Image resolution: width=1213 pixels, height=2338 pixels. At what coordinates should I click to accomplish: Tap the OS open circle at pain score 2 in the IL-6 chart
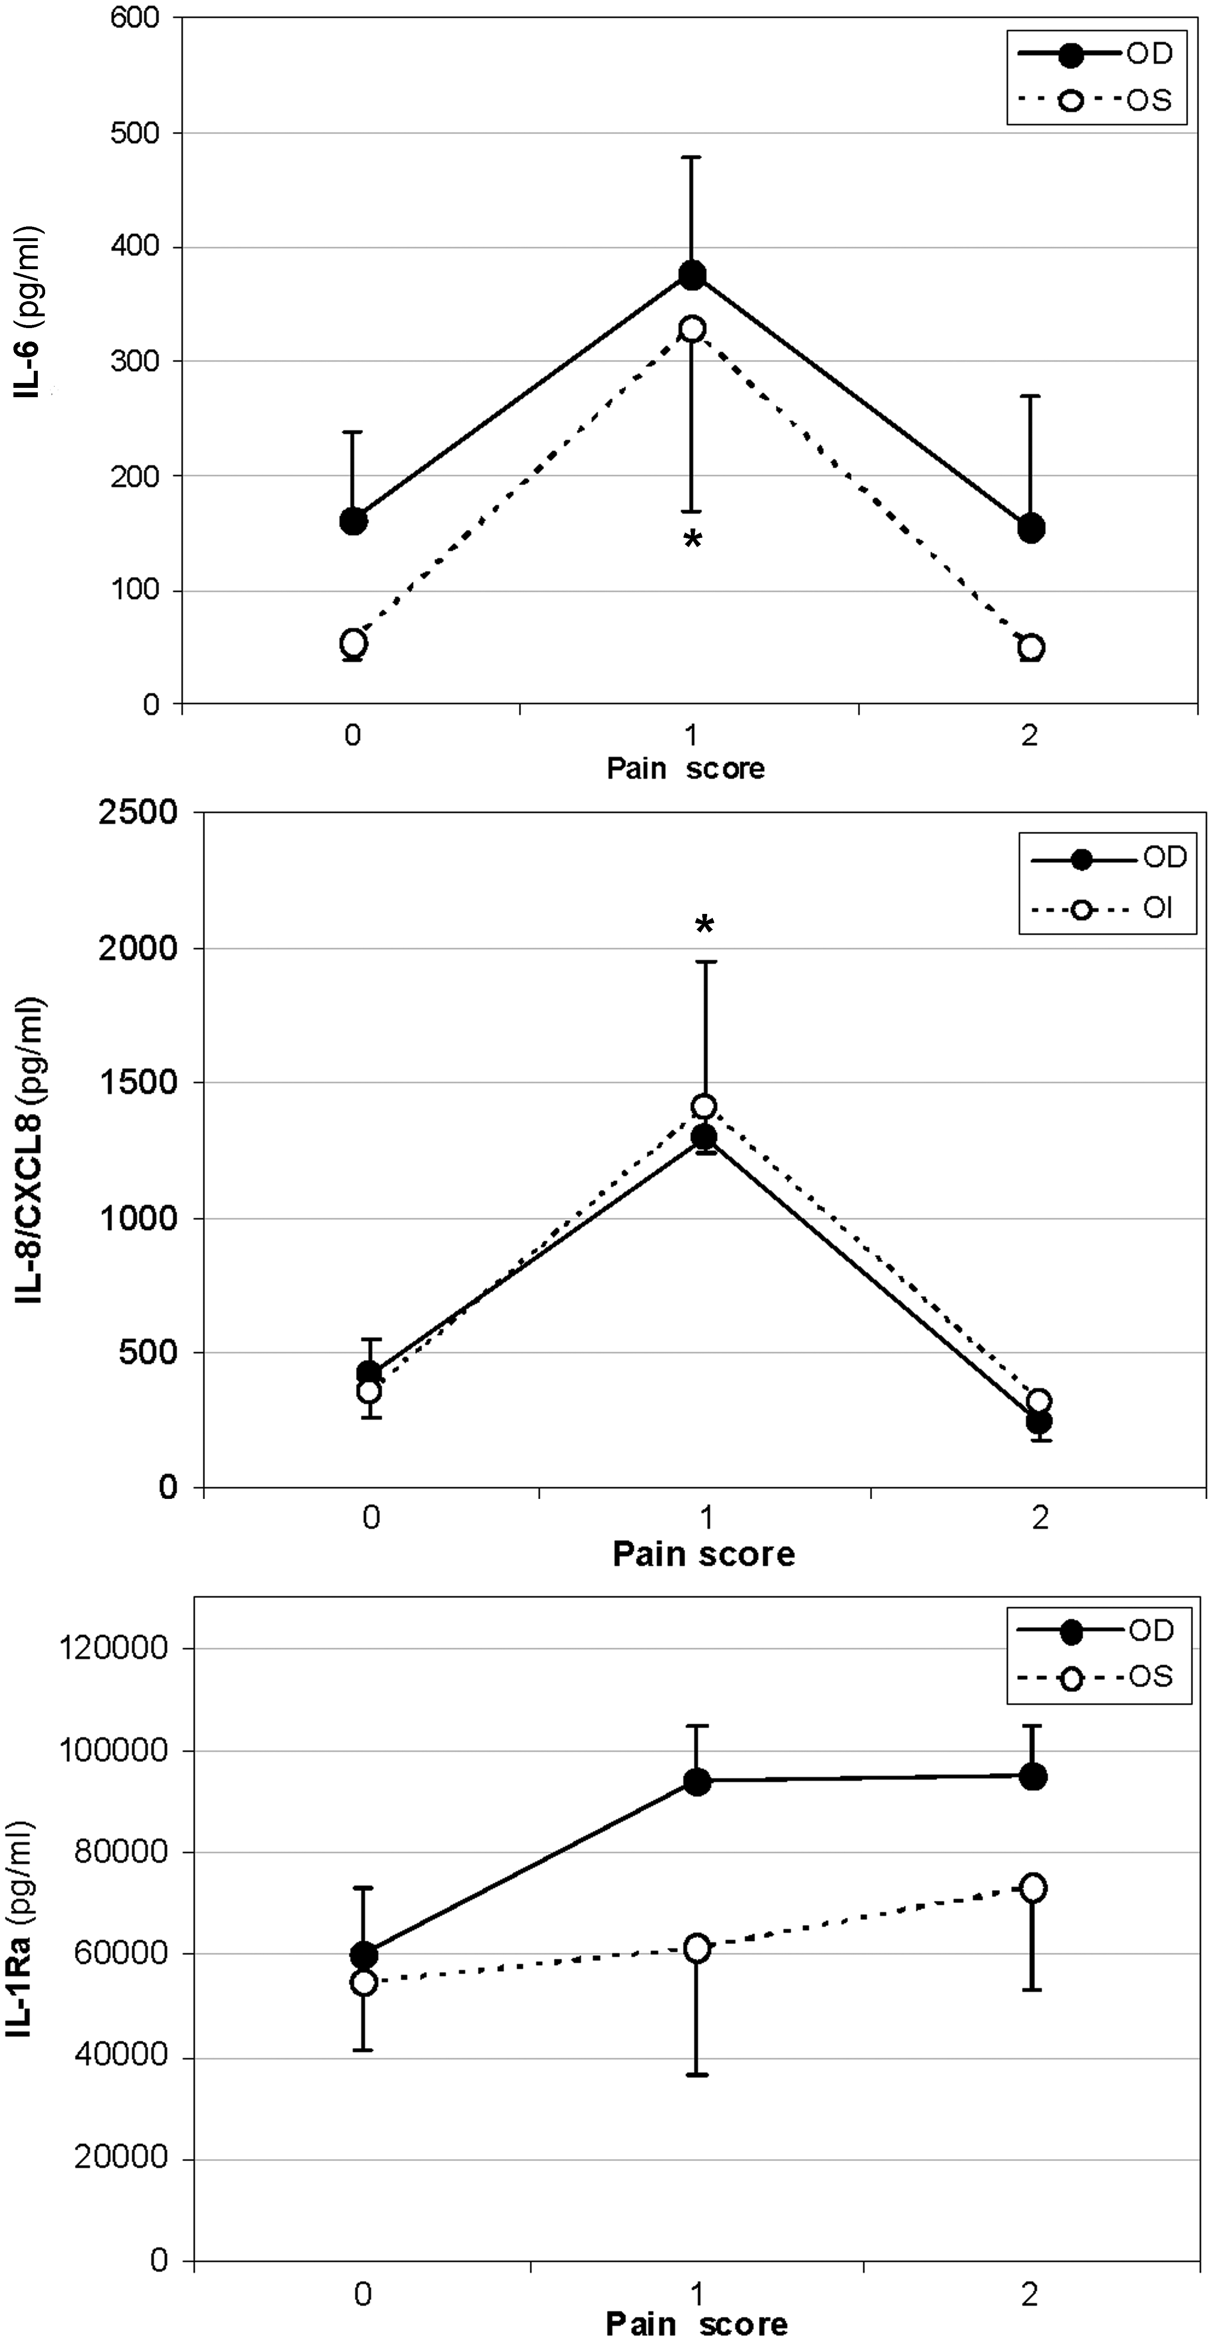[1030, 648]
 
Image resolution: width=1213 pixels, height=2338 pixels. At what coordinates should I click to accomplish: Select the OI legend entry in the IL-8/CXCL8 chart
[1108, 909]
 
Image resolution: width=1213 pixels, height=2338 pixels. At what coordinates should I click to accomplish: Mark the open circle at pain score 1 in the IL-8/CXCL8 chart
[703, 1106]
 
